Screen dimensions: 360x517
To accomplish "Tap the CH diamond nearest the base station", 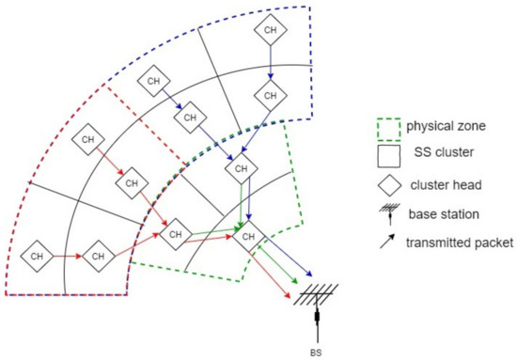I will [x=249, y=237].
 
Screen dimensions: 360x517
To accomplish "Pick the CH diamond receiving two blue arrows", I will [x=242, y=169].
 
